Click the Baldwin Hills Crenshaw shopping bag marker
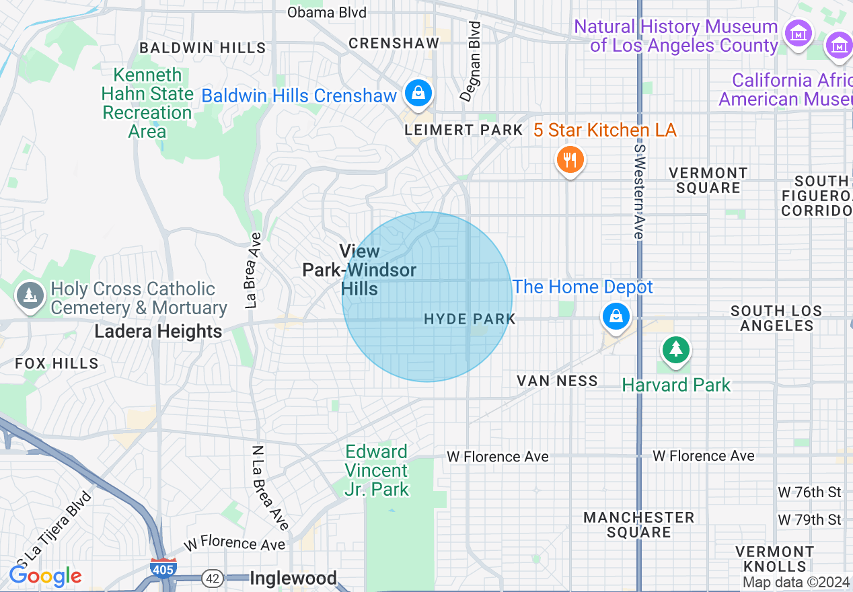click(418, 92)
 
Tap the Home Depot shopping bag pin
click(616, 316)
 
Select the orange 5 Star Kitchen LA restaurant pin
click(570, 160)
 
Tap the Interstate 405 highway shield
click(163, 568)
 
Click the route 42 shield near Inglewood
click(213, 578)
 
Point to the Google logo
click(45, 576)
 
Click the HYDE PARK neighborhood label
click(470, 319)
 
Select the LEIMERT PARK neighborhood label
click(463, 130)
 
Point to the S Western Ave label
click(638, 191)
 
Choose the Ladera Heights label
click(158, 332)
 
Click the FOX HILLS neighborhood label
click(57, 363)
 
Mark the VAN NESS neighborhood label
click(557, 381)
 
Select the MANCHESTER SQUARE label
click(638, 525)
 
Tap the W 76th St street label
click(809, 492)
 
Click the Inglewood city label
click(293, 578)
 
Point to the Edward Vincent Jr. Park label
click(377, 470)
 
